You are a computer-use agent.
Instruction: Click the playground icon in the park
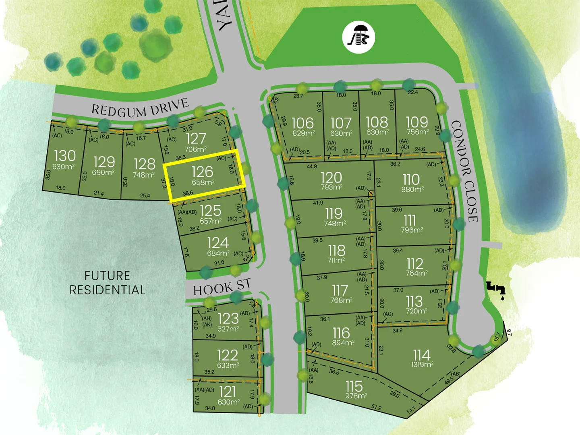[358, 37]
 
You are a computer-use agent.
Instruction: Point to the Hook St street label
[222, 287]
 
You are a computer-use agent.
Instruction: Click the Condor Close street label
[465, 171]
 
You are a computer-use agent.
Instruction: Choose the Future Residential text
[107, 283]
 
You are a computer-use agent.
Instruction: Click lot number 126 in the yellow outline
[202, 172]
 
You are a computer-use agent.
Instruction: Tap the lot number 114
[421, 355]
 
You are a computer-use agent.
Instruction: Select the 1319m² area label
[422, 365]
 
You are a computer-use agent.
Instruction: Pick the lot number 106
[302, 123]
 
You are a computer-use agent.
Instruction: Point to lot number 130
[64, 156]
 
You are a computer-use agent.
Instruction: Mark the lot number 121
[228, 391]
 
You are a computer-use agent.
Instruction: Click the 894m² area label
[343, 343]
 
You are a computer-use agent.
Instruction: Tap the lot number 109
[417, 122]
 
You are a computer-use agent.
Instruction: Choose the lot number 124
[218, 243]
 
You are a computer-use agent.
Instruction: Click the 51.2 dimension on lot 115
[376, 408]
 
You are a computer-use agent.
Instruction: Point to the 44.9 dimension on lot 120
[312, 166]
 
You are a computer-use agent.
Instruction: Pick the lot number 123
[228, 319]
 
